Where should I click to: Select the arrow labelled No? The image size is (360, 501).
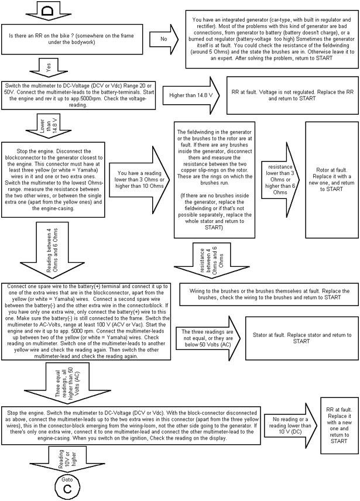click(x=163, y=39)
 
